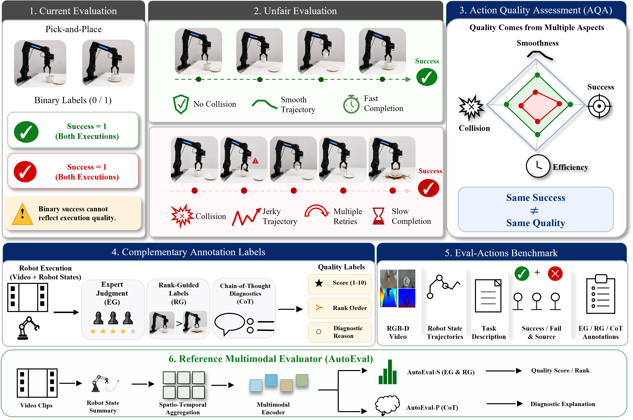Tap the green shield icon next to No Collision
(181, 104)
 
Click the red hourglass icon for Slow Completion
(379, 216)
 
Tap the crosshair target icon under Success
(599, 106)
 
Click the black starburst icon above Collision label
(471, 108)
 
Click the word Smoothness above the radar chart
(537, 43)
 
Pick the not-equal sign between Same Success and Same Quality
(534, 211)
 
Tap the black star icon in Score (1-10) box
(319, 283)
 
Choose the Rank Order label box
(340, 308)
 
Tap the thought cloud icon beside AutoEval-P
(387, 405)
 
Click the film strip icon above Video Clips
(37, 383)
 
